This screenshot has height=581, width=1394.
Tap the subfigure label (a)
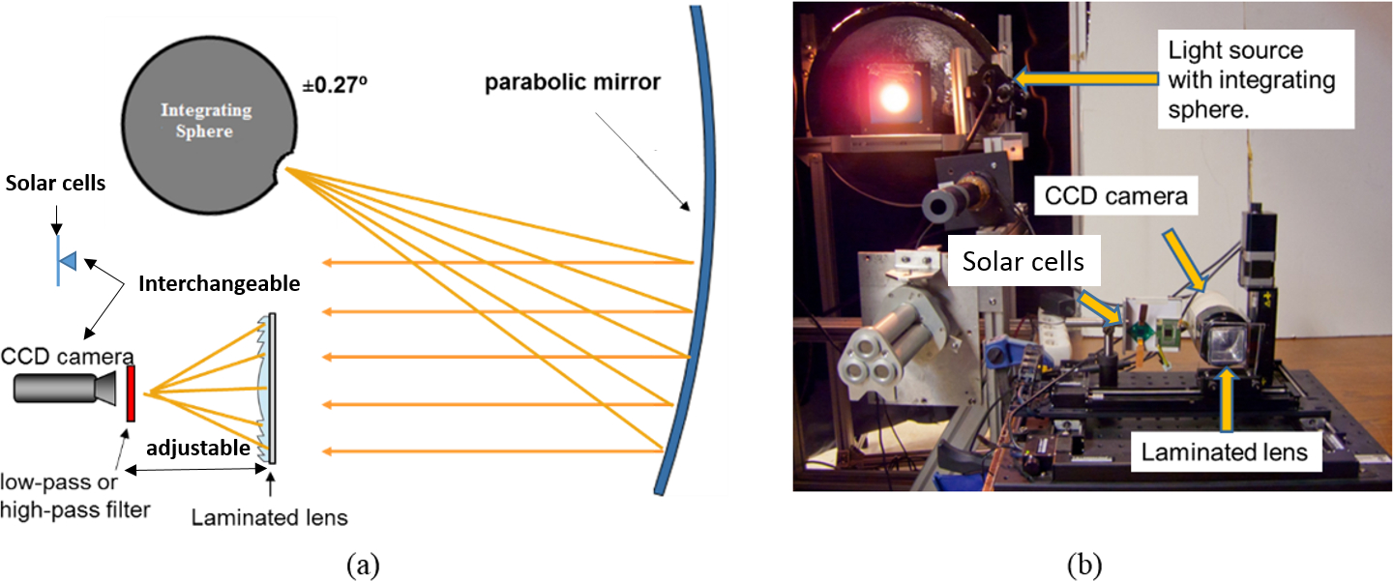click(363, 562)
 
